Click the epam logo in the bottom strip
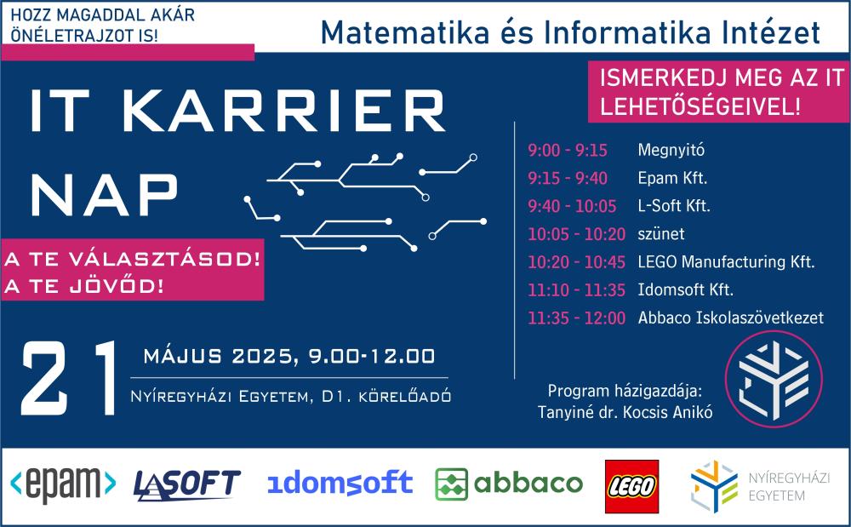(x=63, y=484)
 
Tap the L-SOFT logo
(x=187, y=484)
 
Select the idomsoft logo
(x=340, y=484)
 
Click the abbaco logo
(x=509, y=484)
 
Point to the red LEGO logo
(x=631, y=485)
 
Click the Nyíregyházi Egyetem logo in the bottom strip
(x=748, y=486)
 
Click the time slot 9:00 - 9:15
(x=568, y=152)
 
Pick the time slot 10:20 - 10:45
(x=576, y=262)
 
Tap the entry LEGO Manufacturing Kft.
(x=726, y=262)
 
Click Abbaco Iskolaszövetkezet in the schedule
(x=730, y=318)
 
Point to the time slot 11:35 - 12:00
(x=576, y=318)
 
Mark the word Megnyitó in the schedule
(x=671, y=152)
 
